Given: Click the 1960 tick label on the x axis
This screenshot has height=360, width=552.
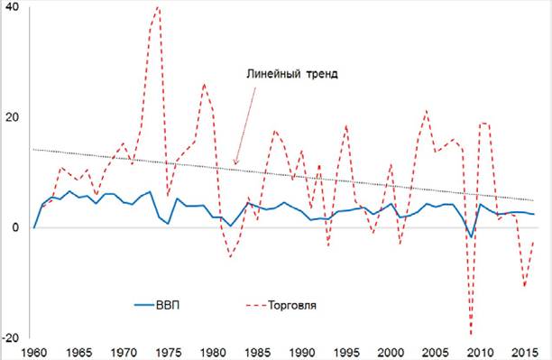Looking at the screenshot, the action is (33, 353).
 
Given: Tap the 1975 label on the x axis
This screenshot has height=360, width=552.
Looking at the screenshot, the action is (169, 353).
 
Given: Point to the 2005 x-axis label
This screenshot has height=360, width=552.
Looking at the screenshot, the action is (437, 353).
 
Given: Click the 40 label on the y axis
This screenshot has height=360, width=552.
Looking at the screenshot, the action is (12, 7).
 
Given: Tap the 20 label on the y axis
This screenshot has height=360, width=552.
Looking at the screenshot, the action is (12, 117).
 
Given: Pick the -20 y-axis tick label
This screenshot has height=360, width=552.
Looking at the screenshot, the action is (10, 337).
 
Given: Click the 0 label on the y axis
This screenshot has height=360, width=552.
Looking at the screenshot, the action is (15, 227).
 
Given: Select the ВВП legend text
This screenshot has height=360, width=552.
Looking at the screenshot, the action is (168, 305).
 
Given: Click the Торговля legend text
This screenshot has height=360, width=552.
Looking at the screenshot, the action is (292, 305).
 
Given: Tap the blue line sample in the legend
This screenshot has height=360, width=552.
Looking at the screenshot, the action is (144, 305).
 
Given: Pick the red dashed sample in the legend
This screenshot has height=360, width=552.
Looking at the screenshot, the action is (256, 305).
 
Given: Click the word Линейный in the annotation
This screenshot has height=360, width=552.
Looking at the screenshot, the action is (273, 74).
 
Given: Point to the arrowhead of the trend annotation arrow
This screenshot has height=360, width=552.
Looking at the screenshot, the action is (235, 164).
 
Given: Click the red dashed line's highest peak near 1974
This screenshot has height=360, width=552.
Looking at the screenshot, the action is (158, 6).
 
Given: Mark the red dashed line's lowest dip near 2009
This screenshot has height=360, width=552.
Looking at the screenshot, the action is (471, 335).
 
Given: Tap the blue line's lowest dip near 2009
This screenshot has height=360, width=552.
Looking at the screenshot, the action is (471, 236).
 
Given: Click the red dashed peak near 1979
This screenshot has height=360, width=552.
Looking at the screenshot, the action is (204, 85).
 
